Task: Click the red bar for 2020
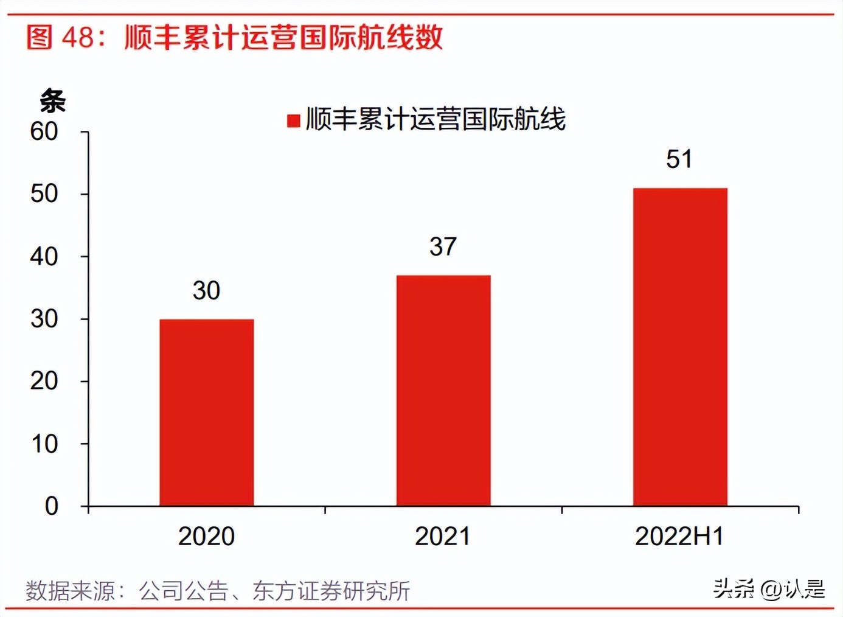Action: (x=207, y=413)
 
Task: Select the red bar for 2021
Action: (x=443, y=391)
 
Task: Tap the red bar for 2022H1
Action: (x=680, y=347)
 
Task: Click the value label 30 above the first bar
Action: (x=206, y=291)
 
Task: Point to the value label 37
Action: (x=443, y=247)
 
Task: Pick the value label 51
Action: (x=679, y=159)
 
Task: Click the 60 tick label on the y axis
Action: (x=44, y=131)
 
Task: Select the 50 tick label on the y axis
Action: (x=44, y=194)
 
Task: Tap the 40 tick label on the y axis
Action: (x=44, y=257)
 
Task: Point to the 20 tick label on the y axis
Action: (x=44, y=382)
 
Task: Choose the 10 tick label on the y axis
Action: (x=44, y=444)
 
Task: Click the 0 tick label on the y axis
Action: (x=52, y=506)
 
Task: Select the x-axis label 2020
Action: (x=206, y=537)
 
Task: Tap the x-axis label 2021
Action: (x=443, y=537)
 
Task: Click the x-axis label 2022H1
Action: (x=679, y=537)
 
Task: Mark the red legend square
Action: (x=294, y=120)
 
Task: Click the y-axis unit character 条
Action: (x=52, y=101)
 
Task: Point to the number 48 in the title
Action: (x=78, y=38)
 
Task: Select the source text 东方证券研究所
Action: (x=331, y=591)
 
